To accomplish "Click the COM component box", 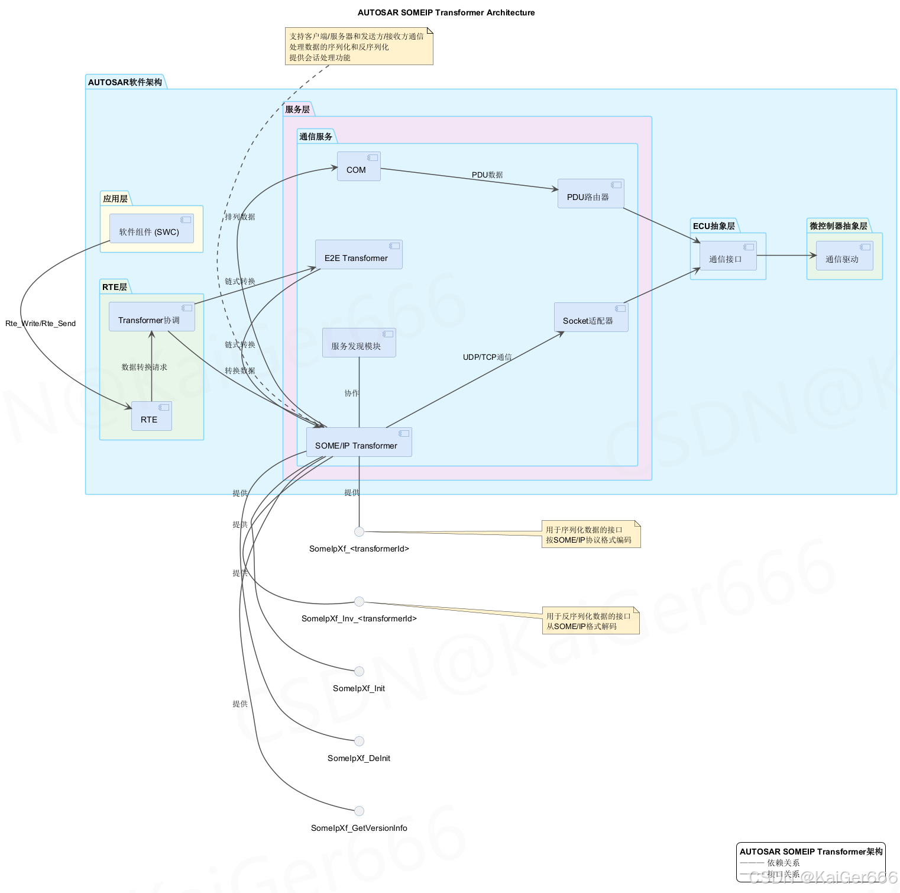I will pos(358,166).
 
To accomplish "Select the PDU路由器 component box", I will pos(590,194).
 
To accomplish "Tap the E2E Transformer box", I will pos(358,254).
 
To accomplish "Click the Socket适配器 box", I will pos(590,317).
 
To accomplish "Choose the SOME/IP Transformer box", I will pos(358,442).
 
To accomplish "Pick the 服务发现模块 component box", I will pos(358,343).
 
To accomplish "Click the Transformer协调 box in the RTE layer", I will pos(151,317).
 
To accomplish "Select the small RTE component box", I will pos(151,416).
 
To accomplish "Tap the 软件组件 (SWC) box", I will pos(151,228).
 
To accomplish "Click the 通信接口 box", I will pos(727,256).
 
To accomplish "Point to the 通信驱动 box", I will pos(844,256).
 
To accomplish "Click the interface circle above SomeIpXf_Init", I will pos(359,671).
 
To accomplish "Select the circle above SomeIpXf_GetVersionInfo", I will pos(359,811).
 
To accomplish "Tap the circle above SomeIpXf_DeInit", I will pos(359,741).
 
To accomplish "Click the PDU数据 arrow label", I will pos(487,175).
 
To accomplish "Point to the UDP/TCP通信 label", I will pos(487,357).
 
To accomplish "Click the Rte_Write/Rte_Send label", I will pos(40,323).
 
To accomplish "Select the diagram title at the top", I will pos(446,12).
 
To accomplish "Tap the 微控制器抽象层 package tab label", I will pos(838,226).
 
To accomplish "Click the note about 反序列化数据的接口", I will pos(590,621).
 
